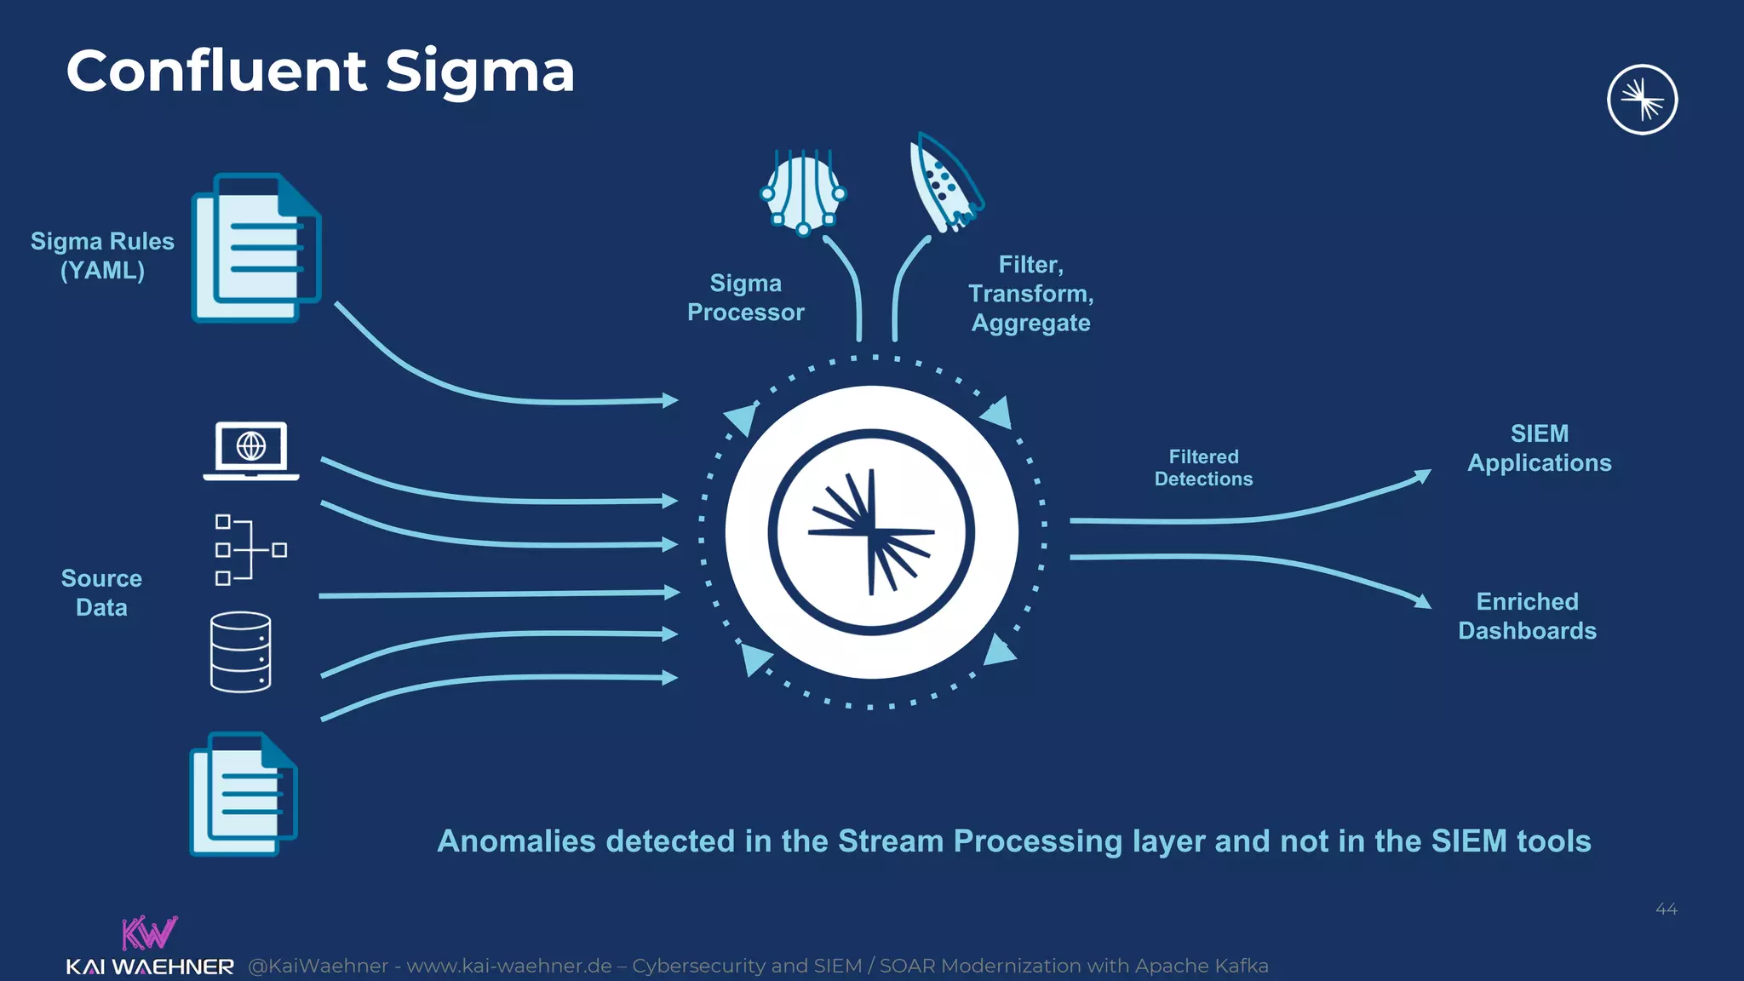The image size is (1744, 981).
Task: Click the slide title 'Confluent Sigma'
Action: pos(320,71)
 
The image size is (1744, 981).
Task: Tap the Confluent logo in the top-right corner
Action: pos(1642,100)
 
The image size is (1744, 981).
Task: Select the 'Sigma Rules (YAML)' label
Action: pos(102,255)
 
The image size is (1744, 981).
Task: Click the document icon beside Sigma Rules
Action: pos(256,248)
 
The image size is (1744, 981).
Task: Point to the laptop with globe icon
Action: pos(251,450)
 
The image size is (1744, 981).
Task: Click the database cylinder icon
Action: pos(241,651)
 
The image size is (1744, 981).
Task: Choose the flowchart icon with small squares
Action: pos(250,550)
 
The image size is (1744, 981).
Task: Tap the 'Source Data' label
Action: pos(101,593)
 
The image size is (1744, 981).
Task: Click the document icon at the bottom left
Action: pos(244,794)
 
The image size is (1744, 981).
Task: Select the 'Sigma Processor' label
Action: pos(745,297)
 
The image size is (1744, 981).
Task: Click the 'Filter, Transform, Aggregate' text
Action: pos(1030,294)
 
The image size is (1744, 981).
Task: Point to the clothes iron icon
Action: pos(944,183)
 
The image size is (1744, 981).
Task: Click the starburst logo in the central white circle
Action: pos(871,532)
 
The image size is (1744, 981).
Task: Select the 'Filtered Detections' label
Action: pos(1203,468)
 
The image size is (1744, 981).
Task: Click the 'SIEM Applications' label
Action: pos(1539,448)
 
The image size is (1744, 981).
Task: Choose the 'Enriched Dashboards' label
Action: pos(1527,616)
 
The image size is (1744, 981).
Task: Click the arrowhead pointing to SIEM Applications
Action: pos(1423,476)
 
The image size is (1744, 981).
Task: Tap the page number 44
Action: pos(1666,909)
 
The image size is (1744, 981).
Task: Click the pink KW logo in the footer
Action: pos(149,933)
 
